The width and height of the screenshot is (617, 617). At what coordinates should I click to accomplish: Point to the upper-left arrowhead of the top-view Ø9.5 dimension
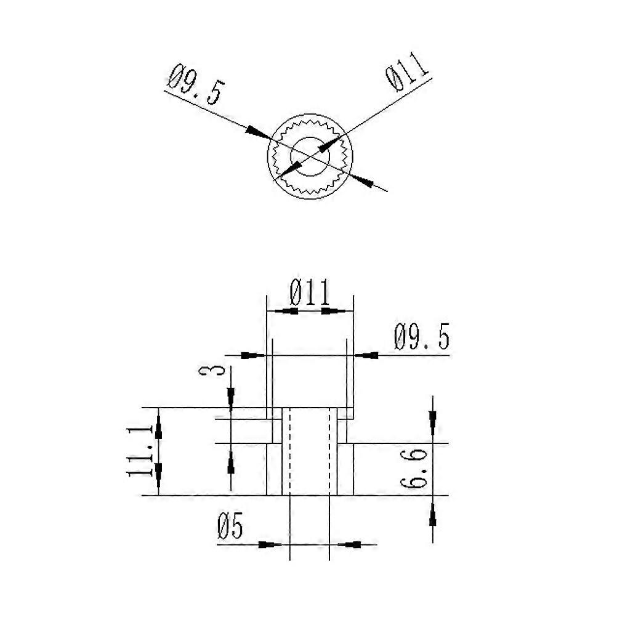tap(256, 132)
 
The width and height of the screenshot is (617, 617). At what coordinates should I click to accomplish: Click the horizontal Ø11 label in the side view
tap(310, 294)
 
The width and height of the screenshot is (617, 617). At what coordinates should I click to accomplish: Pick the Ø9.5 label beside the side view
tap(422, 338)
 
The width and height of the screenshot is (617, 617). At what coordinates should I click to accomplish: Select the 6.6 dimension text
tap(414, 469)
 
